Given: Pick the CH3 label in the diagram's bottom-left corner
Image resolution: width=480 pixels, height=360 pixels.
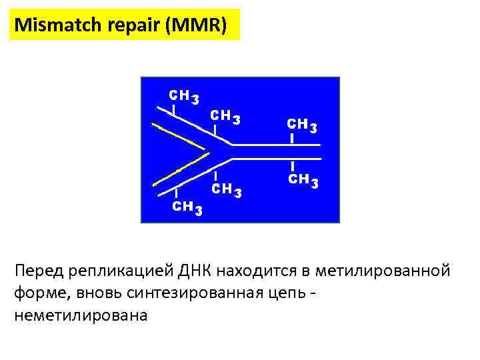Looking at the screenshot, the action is [187, 207].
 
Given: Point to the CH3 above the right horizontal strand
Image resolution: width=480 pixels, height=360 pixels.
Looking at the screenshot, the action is [301, 125].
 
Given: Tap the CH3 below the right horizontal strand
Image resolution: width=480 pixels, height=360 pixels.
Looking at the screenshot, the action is [302, 180].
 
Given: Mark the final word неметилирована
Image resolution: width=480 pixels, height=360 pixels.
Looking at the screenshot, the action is [79, 315].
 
